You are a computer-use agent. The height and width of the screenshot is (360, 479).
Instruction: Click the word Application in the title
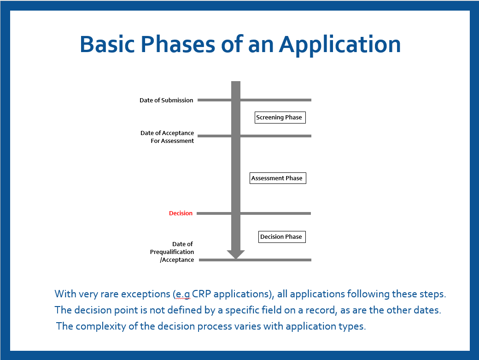tap(339, 45)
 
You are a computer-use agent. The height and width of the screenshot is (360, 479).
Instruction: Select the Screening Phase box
tap(280, 117)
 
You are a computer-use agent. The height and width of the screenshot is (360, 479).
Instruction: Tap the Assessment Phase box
tap(278, 178)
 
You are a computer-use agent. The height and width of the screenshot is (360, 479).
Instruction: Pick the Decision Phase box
tap(281, 236)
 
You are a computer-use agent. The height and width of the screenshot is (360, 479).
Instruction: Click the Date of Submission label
tap(166, 100)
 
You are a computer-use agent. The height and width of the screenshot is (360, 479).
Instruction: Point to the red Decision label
tap(181, 213)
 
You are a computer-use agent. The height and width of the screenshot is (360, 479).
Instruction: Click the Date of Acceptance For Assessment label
tap(168, 137)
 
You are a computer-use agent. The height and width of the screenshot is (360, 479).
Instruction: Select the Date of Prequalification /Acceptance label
tap(172, 252)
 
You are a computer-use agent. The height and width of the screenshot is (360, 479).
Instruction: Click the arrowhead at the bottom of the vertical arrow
tap(236, 254)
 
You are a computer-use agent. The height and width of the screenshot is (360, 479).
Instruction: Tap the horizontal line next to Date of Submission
tap(276, 100)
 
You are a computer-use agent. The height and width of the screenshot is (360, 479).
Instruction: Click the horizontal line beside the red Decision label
tap(276, 213)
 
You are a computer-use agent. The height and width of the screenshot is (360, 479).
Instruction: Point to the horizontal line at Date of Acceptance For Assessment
tap(276, 136)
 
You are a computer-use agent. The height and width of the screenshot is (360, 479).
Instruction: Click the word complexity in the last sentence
tap(99, 326)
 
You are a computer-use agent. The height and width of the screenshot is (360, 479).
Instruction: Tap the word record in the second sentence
tap(313, 310)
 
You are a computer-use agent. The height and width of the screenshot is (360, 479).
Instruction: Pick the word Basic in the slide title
tap(109, 45)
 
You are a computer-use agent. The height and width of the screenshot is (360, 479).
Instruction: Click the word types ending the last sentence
tap(353, 326)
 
